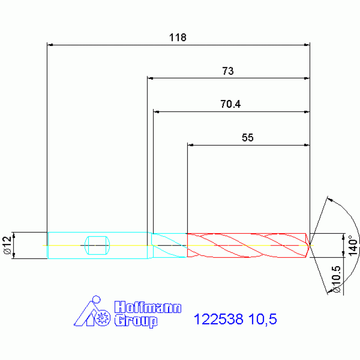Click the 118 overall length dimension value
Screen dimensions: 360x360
[178, 38]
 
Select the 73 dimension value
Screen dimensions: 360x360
[228, 71]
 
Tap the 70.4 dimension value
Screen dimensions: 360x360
[230, 104]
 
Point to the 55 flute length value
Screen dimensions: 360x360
[248, 138]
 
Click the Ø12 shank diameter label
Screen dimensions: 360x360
[8, 245]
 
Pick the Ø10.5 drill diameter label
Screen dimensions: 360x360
[336, 279]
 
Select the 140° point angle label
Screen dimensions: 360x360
[353, 245]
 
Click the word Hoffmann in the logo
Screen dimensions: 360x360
[148, 307]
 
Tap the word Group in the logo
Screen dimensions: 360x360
[136, 321]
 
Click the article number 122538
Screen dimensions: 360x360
[218, 319]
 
